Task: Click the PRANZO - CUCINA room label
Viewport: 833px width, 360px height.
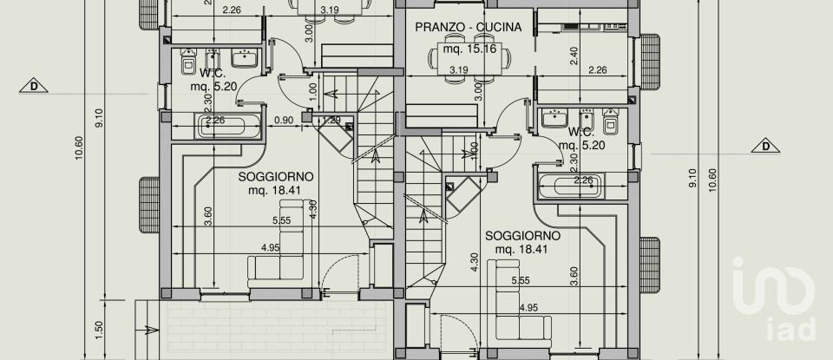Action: click(468, 27)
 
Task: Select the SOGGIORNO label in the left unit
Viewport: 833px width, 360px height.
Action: click(276, 176)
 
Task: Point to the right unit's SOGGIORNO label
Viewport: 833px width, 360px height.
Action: click(522, 235)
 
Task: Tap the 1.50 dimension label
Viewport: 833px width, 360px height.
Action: click(99, 330)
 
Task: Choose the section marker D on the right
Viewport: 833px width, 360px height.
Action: click(766, 146)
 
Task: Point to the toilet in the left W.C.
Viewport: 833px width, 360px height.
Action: click(189, 63)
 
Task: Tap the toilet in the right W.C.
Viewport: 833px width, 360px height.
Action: click(611, 123)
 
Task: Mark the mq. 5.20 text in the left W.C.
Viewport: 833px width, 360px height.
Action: click(213, 86)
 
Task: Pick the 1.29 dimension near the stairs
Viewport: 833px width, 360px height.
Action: click(332, 120)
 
